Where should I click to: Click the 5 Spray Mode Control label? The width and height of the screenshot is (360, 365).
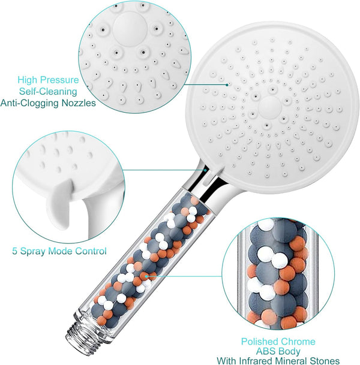point(59,251)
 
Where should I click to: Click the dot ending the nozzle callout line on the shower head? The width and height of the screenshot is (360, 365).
point(227,85)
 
